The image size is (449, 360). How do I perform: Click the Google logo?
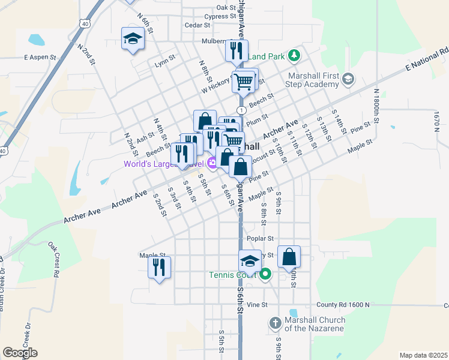(x=20, y=353)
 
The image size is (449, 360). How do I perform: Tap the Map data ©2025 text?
(x=423, y=355)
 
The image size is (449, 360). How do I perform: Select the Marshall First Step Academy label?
(x=313, y=80)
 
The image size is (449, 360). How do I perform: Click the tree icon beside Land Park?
(x=294, y=56)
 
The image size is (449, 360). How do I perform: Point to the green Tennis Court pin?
(x=265, y=275)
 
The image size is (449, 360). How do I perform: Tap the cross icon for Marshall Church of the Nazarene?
(x=275, y=323)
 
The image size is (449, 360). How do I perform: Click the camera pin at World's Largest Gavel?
(x=212, y=163)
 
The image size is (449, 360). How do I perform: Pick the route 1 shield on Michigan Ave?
(x=241, y=110)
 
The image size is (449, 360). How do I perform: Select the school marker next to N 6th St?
(x=133, y=40)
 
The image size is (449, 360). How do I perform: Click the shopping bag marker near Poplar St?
(x=289, y=257)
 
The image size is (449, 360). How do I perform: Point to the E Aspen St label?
(x=40, y=58)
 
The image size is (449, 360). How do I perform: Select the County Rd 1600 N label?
(x=343, y=305)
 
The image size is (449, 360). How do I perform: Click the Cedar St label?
(x=197, y=25)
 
